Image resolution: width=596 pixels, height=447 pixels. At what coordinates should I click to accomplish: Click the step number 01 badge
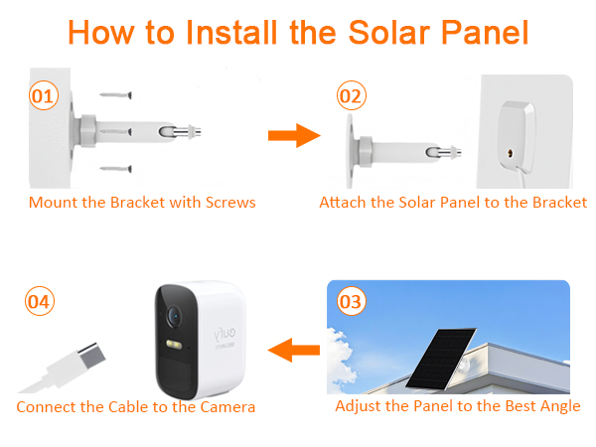41,96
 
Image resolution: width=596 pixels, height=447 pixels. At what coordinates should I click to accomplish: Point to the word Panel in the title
482,32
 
